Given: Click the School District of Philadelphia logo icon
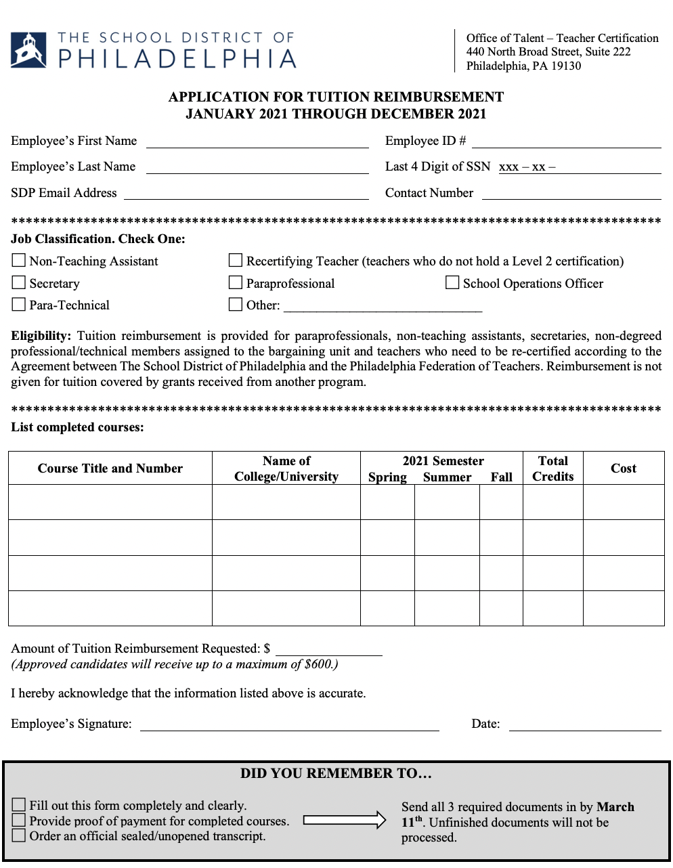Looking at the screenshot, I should click(x=28, y=50).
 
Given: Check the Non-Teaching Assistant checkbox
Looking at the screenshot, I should click(x=19, y=261).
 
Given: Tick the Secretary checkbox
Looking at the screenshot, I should click(x=19, y=282).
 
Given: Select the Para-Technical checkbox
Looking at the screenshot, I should click(x=19, y=305).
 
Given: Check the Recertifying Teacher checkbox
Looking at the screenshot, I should click(x=236, y=261).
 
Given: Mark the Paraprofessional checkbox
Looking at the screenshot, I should click(x=236, y=282).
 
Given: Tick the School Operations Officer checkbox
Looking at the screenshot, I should click(x=452, y=282).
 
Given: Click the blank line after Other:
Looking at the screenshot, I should click(x=383, y=307).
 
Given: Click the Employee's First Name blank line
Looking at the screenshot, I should click(x=257, y=143).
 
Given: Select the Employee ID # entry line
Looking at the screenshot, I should click(x=566, y=143).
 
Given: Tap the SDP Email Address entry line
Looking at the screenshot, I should click(x=246, y=195).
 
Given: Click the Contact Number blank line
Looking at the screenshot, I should click(x=571, y=195).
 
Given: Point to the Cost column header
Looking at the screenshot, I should click(x=624, y=468).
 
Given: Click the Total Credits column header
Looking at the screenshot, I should click(x=552, y=468).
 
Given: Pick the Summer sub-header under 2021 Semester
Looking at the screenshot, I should click(x=447, y=477).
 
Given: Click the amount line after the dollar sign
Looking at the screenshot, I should click(x=329, y=651).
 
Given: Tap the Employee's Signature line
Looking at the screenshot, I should click(x=289, y=726).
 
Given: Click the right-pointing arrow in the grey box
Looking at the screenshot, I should click(x=344, y=821).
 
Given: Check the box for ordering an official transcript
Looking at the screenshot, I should click(x=19, y=836).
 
